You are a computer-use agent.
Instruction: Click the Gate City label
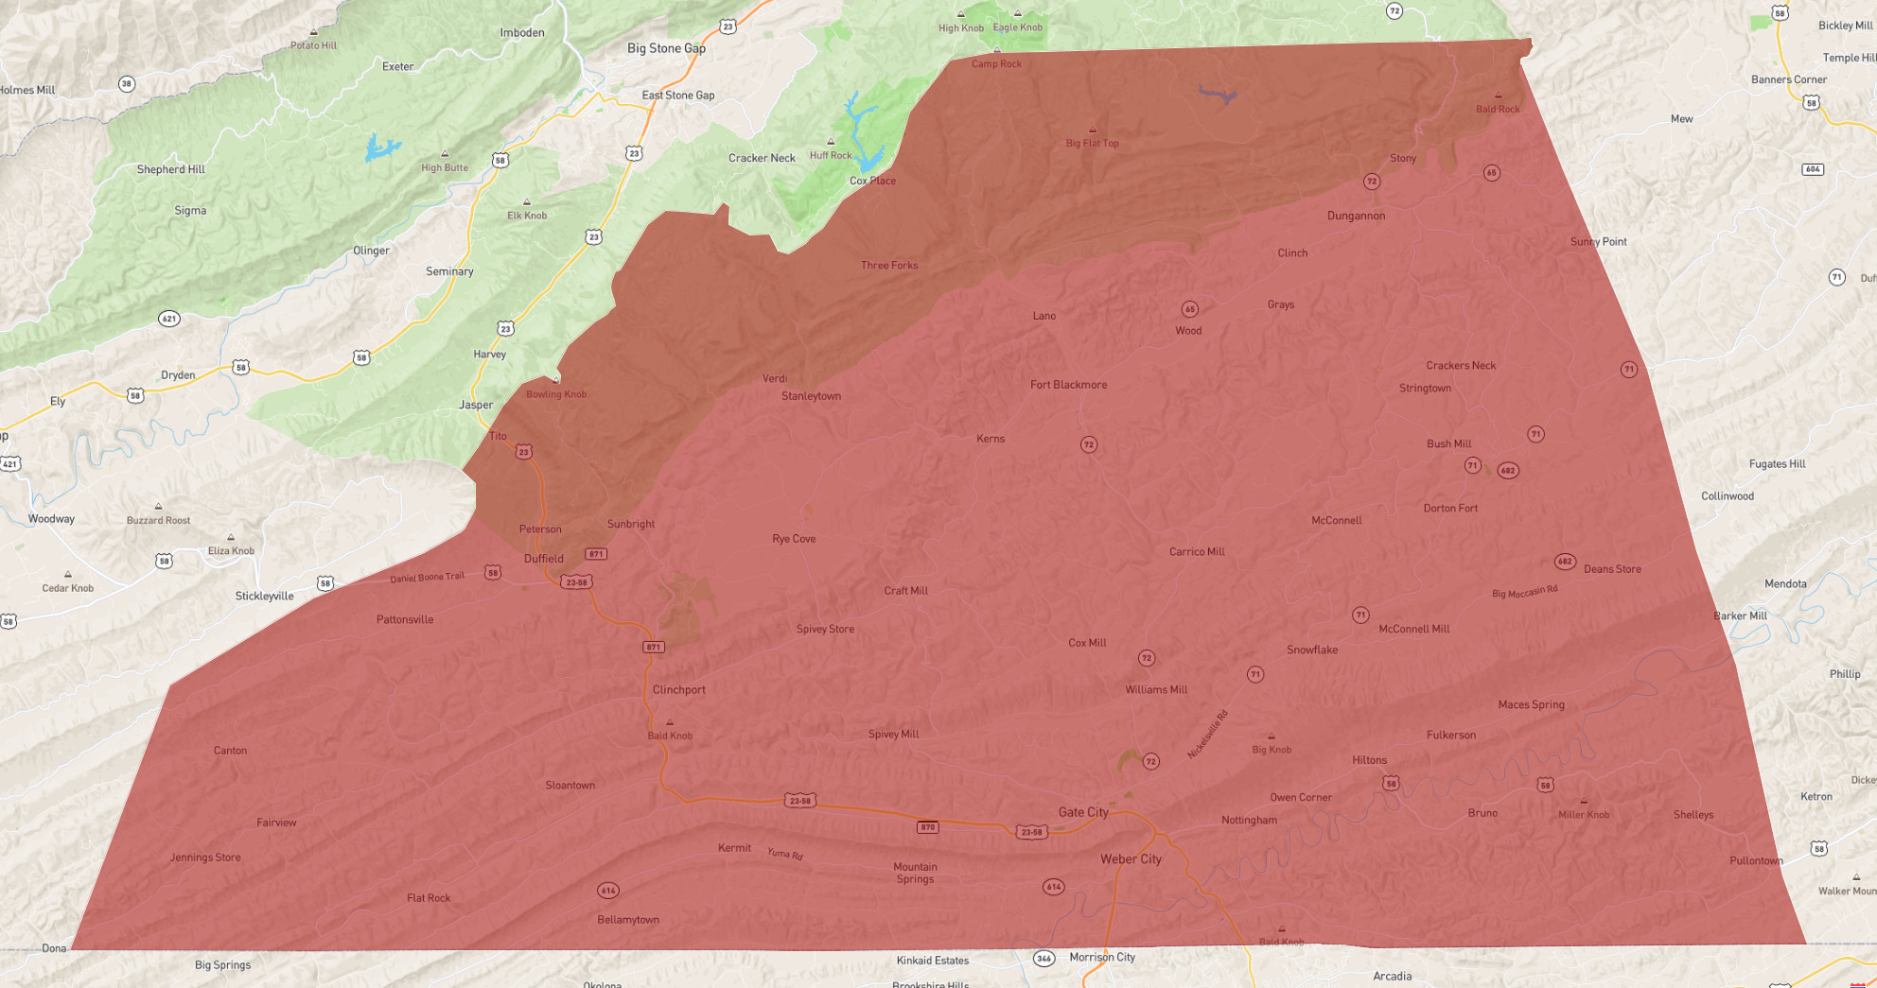point(1083,812)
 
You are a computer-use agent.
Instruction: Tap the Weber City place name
point(1131,859)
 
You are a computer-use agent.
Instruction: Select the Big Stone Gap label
point(666,48)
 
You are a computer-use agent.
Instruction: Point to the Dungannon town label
point(1356,216)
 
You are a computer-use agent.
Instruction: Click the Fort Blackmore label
point(1068,385)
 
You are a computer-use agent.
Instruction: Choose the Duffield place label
point(543,559)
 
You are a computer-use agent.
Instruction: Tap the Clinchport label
point(678,690)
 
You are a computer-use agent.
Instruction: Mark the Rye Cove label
point(794,539)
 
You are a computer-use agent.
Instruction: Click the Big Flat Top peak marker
point(1093,130)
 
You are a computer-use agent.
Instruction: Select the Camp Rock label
point(996,64)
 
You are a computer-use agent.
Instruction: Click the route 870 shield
point(927,827)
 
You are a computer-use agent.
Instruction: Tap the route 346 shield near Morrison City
point(1044,959)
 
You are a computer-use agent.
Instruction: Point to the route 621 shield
point(169,319)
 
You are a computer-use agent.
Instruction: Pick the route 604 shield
point(1812,169)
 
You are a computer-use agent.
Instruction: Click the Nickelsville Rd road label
point(1207,734)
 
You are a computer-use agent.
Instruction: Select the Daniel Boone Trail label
point(427,577)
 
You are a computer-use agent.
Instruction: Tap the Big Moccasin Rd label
point(1524,592)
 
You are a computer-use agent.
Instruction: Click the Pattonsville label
point(405,620)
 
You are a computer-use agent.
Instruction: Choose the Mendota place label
point(1785,584)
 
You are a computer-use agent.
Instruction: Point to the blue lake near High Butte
point(380,147)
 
